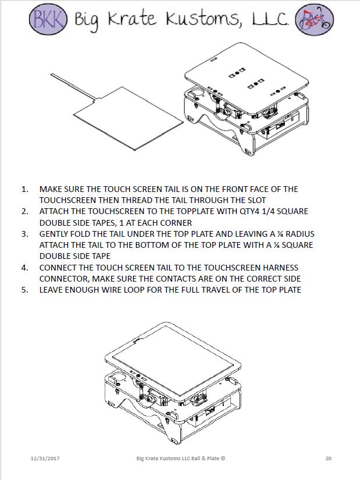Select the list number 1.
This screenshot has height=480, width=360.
click(24, 189)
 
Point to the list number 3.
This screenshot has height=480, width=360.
click(24, 234)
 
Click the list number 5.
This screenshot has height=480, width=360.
click(24, 290)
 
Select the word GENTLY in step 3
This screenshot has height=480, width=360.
click(54, 234)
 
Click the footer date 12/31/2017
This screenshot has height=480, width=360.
click(46, 458)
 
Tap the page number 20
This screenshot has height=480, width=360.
click(329, 458)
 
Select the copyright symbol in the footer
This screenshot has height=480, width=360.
click(223, 458)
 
